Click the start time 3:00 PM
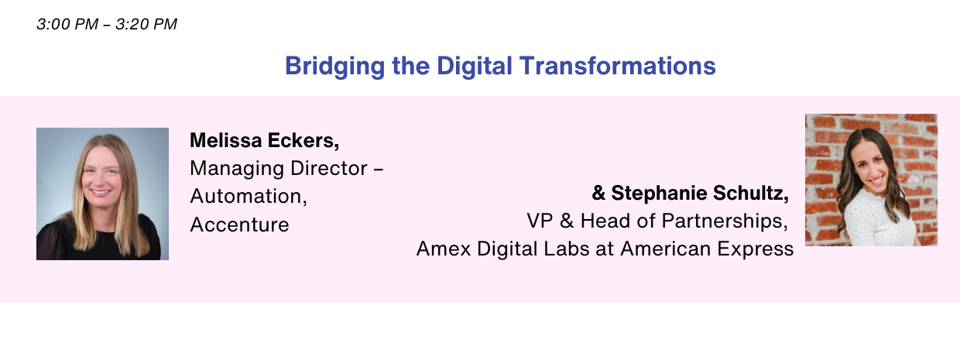pyautogui.click(x=67, y=24)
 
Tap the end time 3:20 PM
pyautogui.click(x=146, y=24)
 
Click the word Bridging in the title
pyautogui.click(x=334, y=67)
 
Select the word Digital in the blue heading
pyautogui.click(x=475, y=67)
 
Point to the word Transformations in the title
pyautogui.click(x=618, y=66)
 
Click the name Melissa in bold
pyautogui.click(x=226, y=140)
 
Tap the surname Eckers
pyautogui.click(x=303, y=141)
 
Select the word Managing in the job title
pyautogui.click(x=237, y=169)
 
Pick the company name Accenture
pyautogui.click(x=239, y=225)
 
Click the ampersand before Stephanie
pyautogui.click(x=598, y=193)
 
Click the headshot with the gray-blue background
pyautogui.click(x=102, y=194)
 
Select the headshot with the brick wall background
pyautogui.click(x=871, y=180)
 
